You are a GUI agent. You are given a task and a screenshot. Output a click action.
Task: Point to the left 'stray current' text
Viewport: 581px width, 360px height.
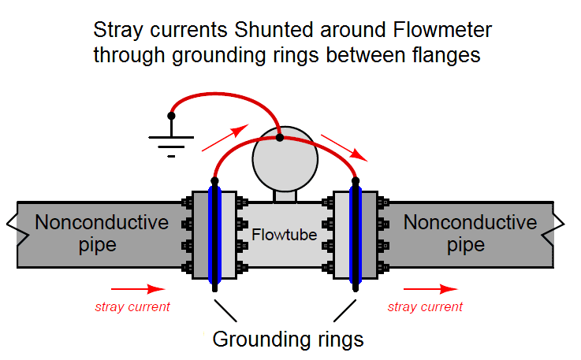pos(132,306)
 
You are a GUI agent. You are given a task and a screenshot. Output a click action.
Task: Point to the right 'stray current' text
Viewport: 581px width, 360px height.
pos(425,306)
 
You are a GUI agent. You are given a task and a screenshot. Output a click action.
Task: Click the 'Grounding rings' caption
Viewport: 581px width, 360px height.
pos(288,340)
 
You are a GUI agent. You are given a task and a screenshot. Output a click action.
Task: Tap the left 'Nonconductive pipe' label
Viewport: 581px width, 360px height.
pos(102,233)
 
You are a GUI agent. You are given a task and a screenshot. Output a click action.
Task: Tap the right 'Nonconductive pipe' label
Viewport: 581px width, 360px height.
pos(470,233)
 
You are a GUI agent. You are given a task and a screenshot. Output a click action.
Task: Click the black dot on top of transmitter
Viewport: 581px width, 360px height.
pos(280,137)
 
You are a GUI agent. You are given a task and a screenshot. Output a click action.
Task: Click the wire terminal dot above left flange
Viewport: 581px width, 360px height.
pos(214,181)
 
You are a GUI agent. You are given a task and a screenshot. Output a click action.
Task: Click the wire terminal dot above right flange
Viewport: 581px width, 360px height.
pos(356,181)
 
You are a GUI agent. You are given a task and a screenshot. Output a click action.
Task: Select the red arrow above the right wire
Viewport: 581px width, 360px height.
pos(344,146)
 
